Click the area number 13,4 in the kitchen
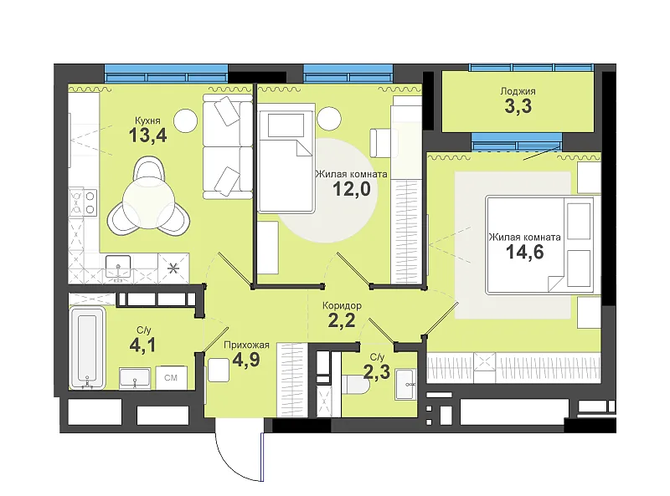pos(147,136)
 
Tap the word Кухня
pos(147,120)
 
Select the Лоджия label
pos(518,91)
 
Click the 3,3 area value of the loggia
pos(518,106)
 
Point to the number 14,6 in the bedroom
pos(525,252)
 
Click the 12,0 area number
pos(351,189)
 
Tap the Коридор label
pos(342,305)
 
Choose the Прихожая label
pos(246,345)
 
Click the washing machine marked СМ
pos(171,377)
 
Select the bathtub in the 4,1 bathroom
pos(87,347)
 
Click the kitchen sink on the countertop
pos(117,268)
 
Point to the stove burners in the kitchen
pos(83,202)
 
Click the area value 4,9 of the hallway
pos(246,360)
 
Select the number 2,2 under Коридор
pos(342,320)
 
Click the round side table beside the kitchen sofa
pos(186,120)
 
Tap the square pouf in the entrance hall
pos(219,370)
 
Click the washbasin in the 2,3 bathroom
pos(405,384)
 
